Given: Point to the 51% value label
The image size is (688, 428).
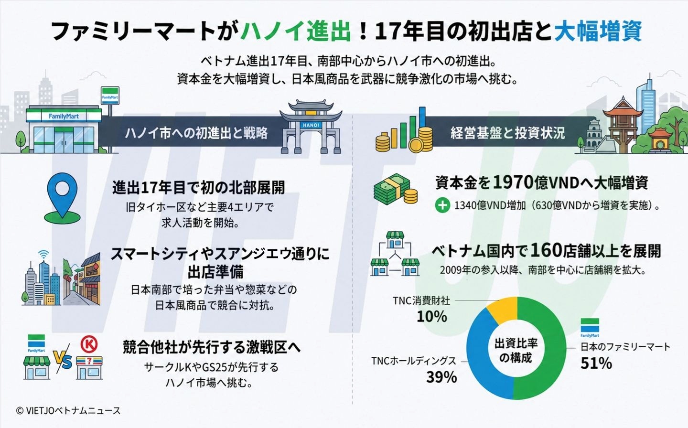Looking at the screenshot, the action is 596,363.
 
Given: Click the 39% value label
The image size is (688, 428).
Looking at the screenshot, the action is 441,377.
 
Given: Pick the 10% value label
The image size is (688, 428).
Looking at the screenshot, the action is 431,317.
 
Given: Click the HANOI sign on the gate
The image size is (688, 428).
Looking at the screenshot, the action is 311,125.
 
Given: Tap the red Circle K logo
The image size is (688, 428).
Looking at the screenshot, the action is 89,345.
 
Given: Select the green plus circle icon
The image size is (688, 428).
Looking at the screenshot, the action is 442,205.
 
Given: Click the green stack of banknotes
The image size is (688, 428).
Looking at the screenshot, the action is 392,190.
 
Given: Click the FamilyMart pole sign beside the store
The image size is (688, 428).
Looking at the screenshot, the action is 110,96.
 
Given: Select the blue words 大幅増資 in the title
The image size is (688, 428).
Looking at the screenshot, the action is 598,32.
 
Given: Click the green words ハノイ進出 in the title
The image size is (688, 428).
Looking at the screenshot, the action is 295,32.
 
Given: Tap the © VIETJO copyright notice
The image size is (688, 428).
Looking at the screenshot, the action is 68,410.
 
